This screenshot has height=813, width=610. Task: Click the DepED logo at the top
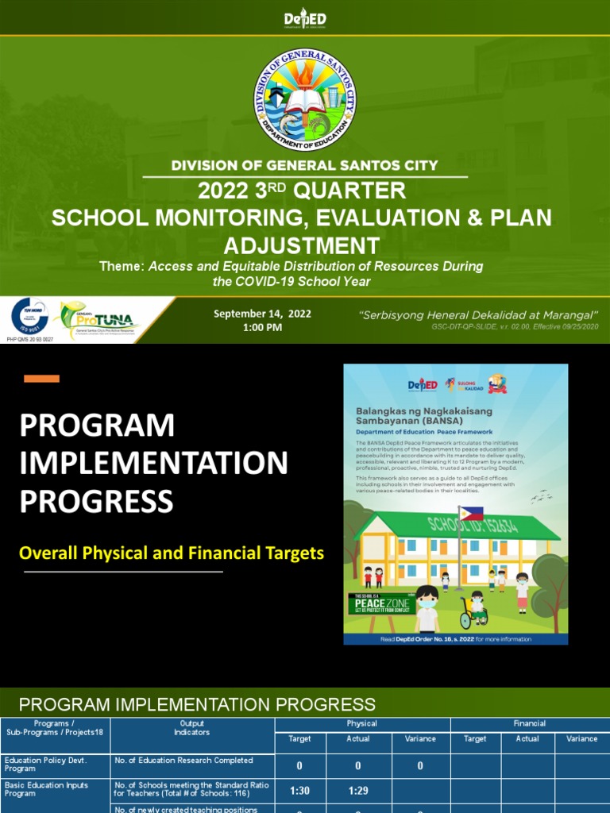coord(305,19)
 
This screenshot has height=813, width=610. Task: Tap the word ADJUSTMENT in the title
coord(302,245)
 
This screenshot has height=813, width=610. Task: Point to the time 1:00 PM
coord(262,328)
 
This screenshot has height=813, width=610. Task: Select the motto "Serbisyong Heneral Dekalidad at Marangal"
coord(479,314)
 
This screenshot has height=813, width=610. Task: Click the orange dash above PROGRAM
coord(41,379)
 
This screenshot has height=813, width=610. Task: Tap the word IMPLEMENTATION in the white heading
coord(153,463)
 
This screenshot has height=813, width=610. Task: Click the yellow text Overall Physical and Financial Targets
coord(172,553)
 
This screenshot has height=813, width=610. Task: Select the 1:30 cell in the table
coord(299,792)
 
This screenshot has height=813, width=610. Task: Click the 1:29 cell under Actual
coord(358,792)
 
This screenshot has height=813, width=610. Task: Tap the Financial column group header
coord(529,723)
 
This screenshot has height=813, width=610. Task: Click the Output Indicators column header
coord(192,728)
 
